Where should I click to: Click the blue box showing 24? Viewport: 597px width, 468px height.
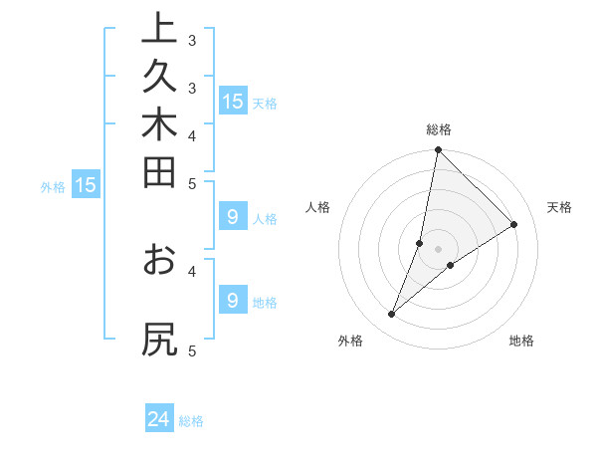[x=159, y=419]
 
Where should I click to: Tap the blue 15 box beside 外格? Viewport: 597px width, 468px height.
[x=86, y=184]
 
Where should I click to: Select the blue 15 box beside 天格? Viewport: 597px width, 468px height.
[x=233, y=101]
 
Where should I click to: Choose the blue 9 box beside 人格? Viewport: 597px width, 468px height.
[x=233, y=216]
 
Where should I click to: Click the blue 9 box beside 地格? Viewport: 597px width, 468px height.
[x=233, y=300]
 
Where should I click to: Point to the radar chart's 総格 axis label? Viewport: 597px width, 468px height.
[x=439, y=129]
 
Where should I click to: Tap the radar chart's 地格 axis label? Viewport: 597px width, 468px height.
[x=521, y=341]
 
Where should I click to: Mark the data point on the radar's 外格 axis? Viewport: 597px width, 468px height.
[x=392, y=315]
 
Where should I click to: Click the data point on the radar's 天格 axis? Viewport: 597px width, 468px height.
[x=514, y=224]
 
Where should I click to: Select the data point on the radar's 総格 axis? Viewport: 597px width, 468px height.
[x=439, y=150]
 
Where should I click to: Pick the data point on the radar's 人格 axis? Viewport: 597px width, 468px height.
[x=420, y=243]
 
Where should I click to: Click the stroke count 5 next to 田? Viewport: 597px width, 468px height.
[x=192, y=182]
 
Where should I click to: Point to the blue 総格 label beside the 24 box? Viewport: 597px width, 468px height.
[x=192, y=421]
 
